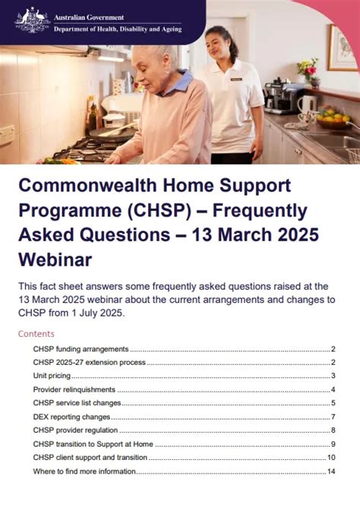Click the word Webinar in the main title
click(55, 260)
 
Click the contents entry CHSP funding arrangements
click(81, 349)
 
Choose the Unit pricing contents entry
click(52, 376)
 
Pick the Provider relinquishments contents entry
click(74, 390)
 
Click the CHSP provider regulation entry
click(74, 431)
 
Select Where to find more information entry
click(84, 472)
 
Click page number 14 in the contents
click(331, 472)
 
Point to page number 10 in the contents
click(331, 458)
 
